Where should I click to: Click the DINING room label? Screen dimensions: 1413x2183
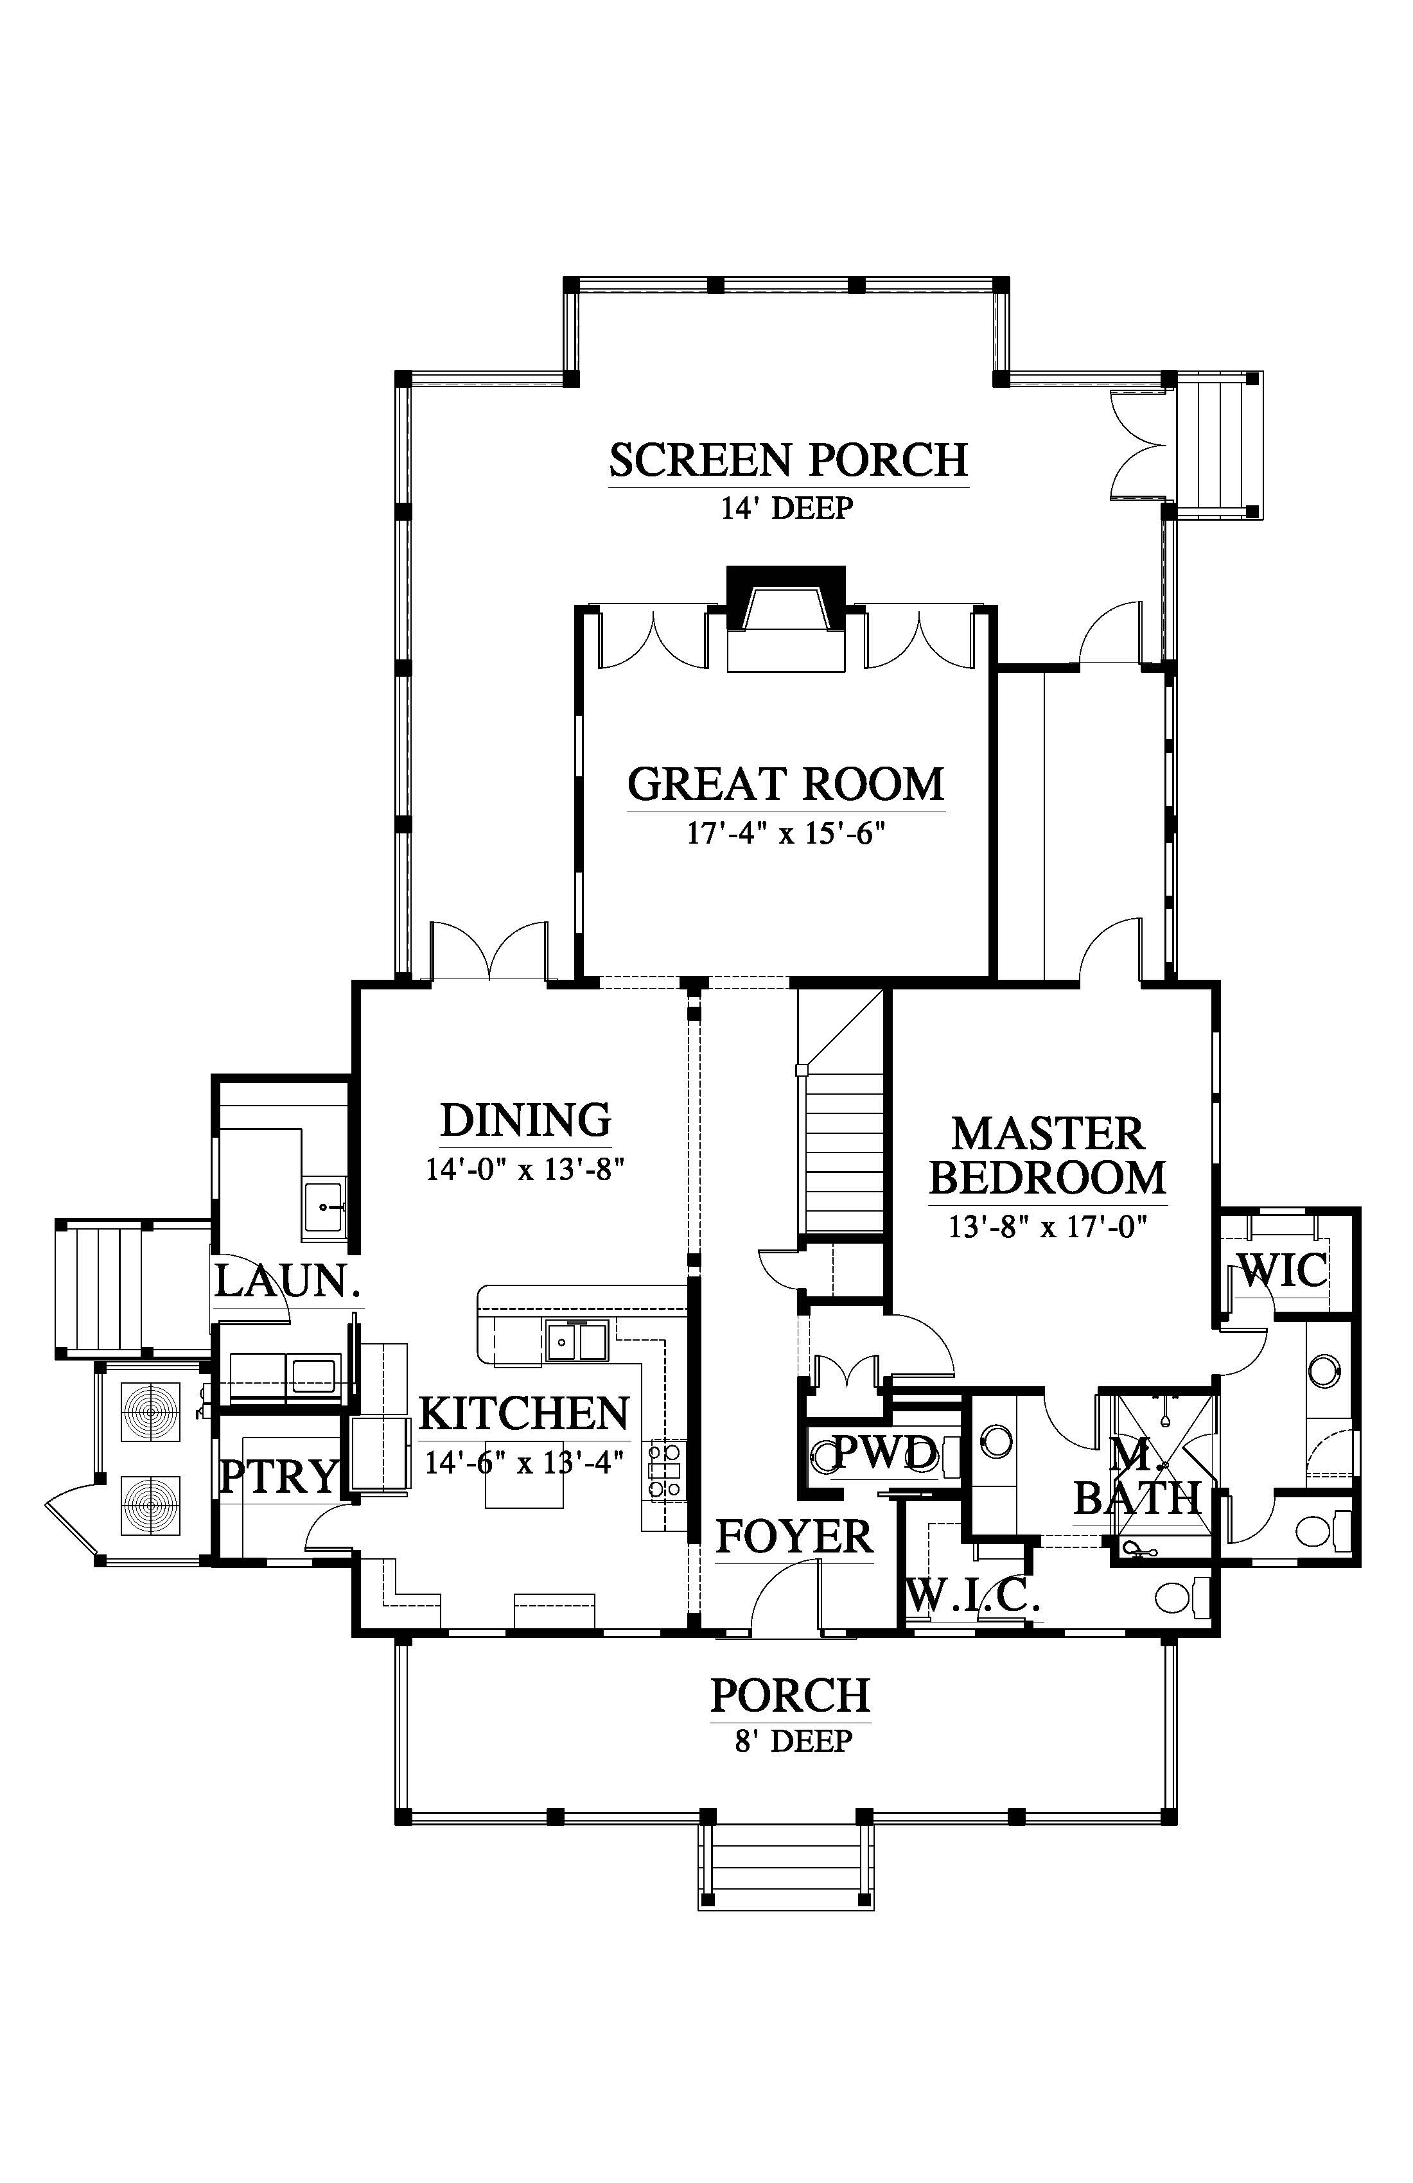coord(526,1120)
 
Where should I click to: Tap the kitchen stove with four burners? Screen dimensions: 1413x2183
coord(667,1470)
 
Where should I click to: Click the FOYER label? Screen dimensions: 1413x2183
coord(794,1536)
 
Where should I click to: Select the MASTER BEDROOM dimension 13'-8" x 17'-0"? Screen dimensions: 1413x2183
coord(1048,1226)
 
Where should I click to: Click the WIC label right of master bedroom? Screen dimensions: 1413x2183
coord(1283,1271)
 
